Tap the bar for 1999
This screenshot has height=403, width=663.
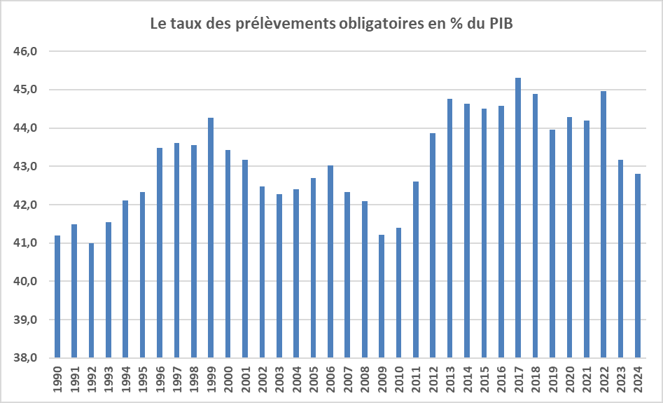click(210, 238)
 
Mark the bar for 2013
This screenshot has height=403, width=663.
click(449, 228)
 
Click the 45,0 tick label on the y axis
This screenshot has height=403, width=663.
click(27, 90)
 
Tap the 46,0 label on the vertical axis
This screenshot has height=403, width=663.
click(27, 52)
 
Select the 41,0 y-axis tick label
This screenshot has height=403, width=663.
click(27, 243)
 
